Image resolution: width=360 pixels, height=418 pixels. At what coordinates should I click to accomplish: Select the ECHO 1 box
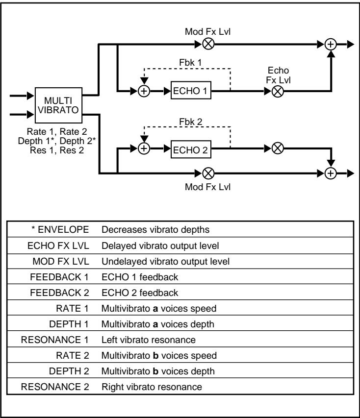coord(188,91)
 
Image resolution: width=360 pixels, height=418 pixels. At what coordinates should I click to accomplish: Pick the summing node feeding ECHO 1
coord(144,91)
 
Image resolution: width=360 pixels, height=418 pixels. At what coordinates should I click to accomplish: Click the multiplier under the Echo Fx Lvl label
coord(277,91)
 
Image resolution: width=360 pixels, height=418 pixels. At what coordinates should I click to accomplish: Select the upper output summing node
coord(332,44)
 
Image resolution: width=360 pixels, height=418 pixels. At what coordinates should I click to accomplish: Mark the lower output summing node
coord(332,173)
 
